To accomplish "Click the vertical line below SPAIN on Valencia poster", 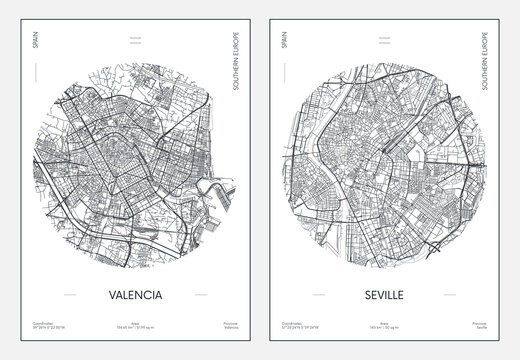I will point(33,81).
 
